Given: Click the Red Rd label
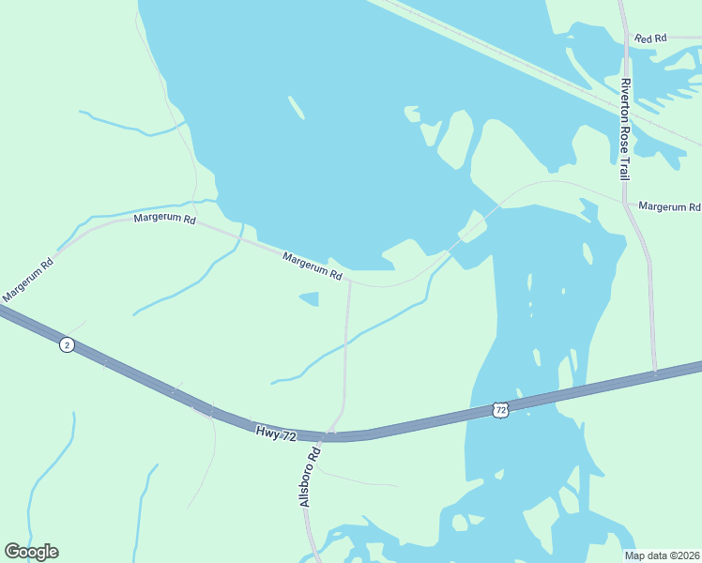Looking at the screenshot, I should [649, 38].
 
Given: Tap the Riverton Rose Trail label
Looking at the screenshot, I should [625, 129].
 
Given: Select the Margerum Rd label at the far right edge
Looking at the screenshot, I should [669, 206].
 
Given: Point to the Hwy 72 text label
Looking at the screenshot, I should [276, 434].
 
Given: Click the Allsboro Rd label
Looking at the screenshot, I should [311, 477].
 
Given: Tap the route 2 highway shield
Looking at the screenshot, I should [66, 344].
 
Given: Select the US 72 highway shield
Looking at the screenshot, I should [500, 409].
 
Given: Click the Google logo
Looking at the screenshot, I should [31, 552].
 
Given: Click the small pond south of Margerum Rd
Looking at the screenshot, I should [309, 299].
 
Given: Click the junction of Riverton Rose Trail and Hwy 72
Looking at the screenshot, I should [655, 372].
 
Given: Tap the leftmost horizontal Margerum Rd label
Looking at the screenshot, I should [164, 219].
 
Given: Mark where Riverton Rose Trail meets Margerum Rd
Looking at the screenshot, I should [624, 201].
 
